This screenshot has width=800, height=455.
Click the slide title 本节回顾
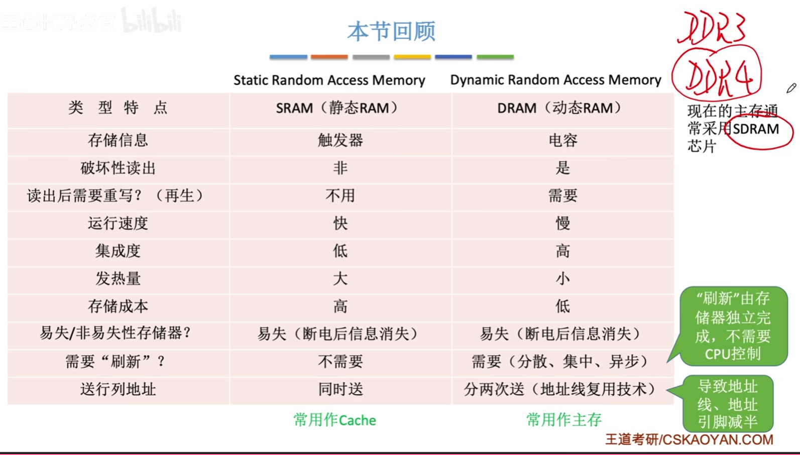(391, 31)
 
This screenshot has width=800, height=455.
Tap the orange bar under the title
(329, 57)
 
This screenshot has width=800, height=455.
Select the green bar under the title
(495, 57)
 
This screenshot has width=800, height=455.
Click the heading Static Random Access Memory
(329, 80)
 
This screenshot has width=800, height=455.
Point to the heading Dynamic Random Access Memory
(555, 80)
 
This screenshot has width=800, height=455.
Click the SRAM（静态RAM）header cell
(340, 108)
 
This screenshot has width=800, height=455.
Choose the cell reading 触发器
(340, 140)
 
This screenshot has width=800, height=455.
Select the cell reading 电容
(562, 140)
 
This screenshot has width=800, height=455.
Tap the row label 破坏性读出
(118, 168)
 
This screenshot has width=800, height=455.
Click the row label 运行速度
(118, 223)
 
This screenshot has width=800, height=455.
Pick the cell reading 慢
(562, 223)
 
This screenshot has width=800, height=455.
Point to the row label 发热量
(118, 278)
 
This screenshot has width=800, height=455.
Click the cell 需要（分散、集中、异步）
(562, 361)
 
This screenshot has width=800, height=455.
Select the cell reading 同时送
(340, 389)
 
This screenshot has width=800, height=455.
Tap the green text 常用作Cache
(334, 420)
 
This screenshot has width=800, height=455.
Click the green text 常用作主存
(563, 419)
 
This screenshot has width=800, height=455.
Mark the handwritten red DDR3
(711, 28)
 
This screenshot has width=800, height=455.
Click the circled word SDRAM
(756, 129)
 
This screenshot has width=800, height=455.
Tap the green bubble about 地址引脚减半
(727, 404)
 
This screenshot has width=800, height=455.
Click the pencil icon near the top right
(791, 88)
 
